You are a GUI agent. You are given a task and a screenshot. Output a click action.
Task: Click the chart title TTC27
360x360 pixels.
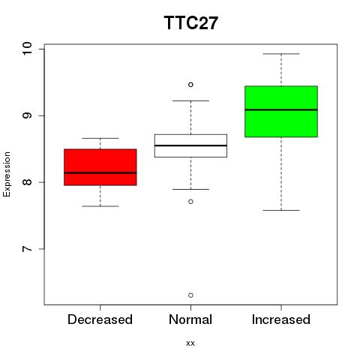[191, 22]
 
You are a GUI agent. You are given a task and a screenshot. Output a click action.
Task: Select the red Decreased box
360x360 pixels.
[100, 167]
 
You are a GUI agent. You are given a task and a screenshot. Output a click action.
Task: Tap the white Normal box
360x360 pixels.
[190, 145]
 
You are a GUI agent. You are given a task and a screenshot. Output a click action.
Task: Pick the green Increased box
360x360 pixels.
[281, 112]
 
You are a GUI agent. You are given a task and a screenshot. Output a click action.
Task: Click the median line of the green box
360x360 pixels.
[281, 109]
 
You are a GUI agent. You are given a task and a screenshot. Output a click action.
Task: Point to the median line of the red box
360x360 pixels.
[100, 172]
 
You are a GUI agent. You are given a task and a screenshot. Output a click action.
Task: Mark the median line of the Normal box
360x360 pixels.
[190, 145]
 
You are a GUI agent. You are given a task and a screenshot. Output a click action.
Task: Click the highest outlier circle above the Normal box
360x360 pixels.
[190, 85]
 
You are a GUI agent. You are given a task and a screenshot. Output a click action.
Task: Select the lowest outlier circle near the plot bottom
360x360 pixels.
[190, 295]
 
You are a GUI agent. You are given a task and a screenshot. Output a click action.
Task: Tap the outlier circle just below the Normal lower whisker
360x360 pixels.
[190, 202]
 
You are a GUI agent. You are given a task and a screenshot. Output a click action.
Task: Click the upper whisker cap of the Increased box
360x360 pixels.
[281, 54]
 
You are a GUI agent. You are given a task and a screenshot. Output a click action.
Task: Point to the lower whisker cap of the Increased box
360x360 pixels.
[281, 210]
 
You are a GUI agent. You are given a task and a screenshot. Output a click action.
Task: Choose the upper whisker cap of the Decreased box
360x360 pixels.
[100, 138]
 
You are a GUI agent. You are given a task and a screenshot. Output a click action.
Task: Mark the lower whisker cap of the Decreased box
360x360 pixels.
[100, 206]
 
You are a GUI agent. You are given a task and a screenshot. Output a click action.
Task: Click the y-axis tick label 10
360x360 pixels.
[27, 49]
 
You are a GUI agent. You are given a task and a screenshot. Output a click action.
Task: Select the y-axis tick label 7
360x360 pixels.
[27, 249]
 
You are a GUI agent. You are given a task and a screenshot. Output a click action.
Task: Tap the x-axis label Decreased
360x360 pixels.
[100, 319]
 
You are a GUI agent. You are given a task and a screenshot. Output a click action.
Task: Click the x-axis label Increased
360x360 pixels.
[281, 319]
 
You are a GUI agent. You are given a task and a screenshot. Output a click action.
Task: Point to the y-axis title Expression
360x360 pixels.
[7, 174]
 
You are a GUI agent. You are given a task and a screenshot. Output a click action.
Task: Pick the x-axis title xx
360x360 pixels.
[190, 343]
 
